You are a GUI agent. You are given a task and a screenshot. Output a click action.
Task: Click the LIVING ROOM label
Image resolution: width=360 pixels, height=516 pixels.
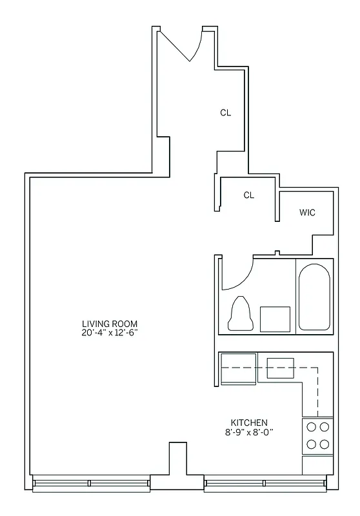coord(110,323)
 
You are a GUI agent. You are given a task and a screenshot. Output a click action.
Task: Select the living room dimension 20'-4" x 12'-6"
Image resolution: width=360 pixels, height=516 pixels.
coord(110,332)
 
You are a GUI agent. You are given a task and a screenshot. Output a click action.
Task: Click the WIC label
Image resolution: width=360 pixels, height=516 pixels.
coord(307,213)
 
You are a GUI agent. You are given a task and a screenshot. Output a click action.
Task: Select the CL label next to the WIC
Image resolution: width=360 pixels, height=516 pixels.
coord(249,195)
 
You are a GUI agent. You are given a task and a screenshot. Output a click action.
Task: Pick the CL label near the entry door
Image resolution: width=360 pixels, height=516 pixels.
coord(225,112)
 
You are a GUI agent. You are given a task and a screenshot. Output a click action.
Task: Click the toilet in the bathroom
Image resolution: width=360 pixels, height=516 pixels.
coord(240,314)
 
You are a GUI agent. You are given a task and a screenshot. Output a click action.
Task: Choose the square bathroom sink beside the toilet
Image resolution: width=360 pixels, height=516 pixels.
coord(275,319)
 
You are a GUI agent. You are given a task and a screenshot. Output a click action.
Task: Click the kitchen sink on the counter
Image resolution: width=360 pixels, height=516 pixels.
coord(281,367)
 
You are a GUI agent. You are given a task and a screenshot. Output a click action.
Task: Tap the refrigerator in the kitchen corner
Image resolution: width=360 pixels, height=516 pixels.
coord(238,369)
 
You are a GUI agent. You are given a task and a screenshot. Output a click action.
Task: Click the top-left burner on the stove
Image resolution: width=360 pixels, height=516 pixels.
coord(310,426)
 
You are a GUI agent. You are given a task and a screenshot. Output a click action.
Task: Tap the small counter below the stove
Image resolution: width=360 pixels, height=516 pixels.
coord(317,464)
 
